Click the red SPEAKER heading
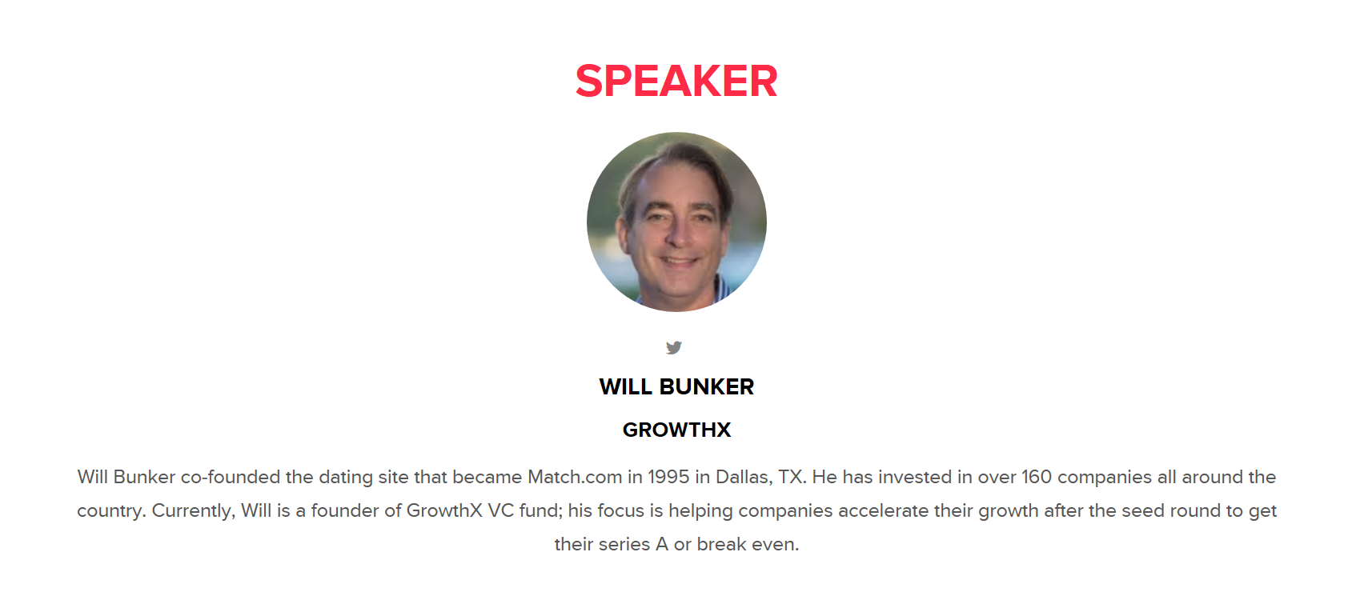(676, 81)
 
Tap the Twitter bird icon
(674, 347)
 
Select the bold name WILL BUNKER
(676, 386)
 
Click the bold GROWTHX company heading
(676, 430)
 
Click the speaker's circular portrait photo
(676, 222)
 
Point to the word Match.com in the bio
(575, 477)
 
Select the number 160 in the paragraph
(1037, 477)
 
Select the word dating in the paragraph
(346, 478)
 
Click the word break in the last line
(721, 545)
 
